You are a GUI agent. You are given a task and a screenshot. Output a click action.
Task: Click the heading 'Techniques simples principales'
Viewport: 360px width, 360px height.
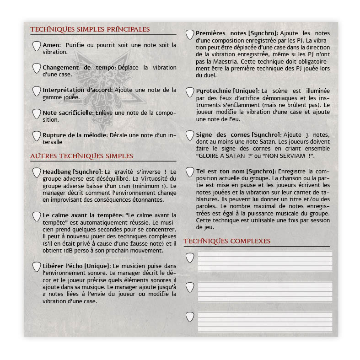click(90, 29)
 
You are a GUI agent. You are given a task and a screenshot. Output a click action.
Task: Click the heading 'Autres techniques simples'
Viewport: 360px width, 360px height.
click(82, 156)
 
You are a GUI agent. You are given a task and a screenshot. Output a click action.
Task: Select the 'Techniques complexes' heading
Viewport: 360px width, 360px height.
click(227, 241)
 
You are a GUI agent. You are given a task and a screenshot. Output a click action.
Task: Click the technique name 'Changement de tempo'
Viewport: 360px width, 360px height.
click(79, 67)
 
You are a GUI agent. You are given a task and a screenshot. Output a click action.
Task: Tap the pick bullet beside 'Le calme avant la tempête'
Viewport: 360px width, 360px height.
click(36, 216)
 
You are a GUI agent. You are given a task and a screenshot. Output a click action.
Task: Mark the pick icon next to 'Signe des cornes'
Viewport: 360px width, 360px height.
click(189, 136)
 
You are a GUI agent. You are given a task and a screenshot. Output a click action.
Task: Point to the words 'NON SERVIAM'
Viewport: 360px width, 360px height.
click(287, 156)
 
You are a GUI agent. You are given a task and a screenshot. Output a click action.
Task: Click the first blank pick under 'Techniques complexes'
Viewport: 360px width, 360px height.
click(189, 258)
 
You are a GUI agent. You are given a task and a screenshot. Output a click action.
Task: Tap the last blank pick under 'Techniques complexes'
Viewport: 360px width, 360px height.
click(189, 317)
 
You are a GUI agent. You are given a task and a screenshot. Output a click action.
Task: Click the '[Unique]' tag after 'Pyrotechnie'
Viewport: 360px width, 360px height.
click(246, 91)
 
